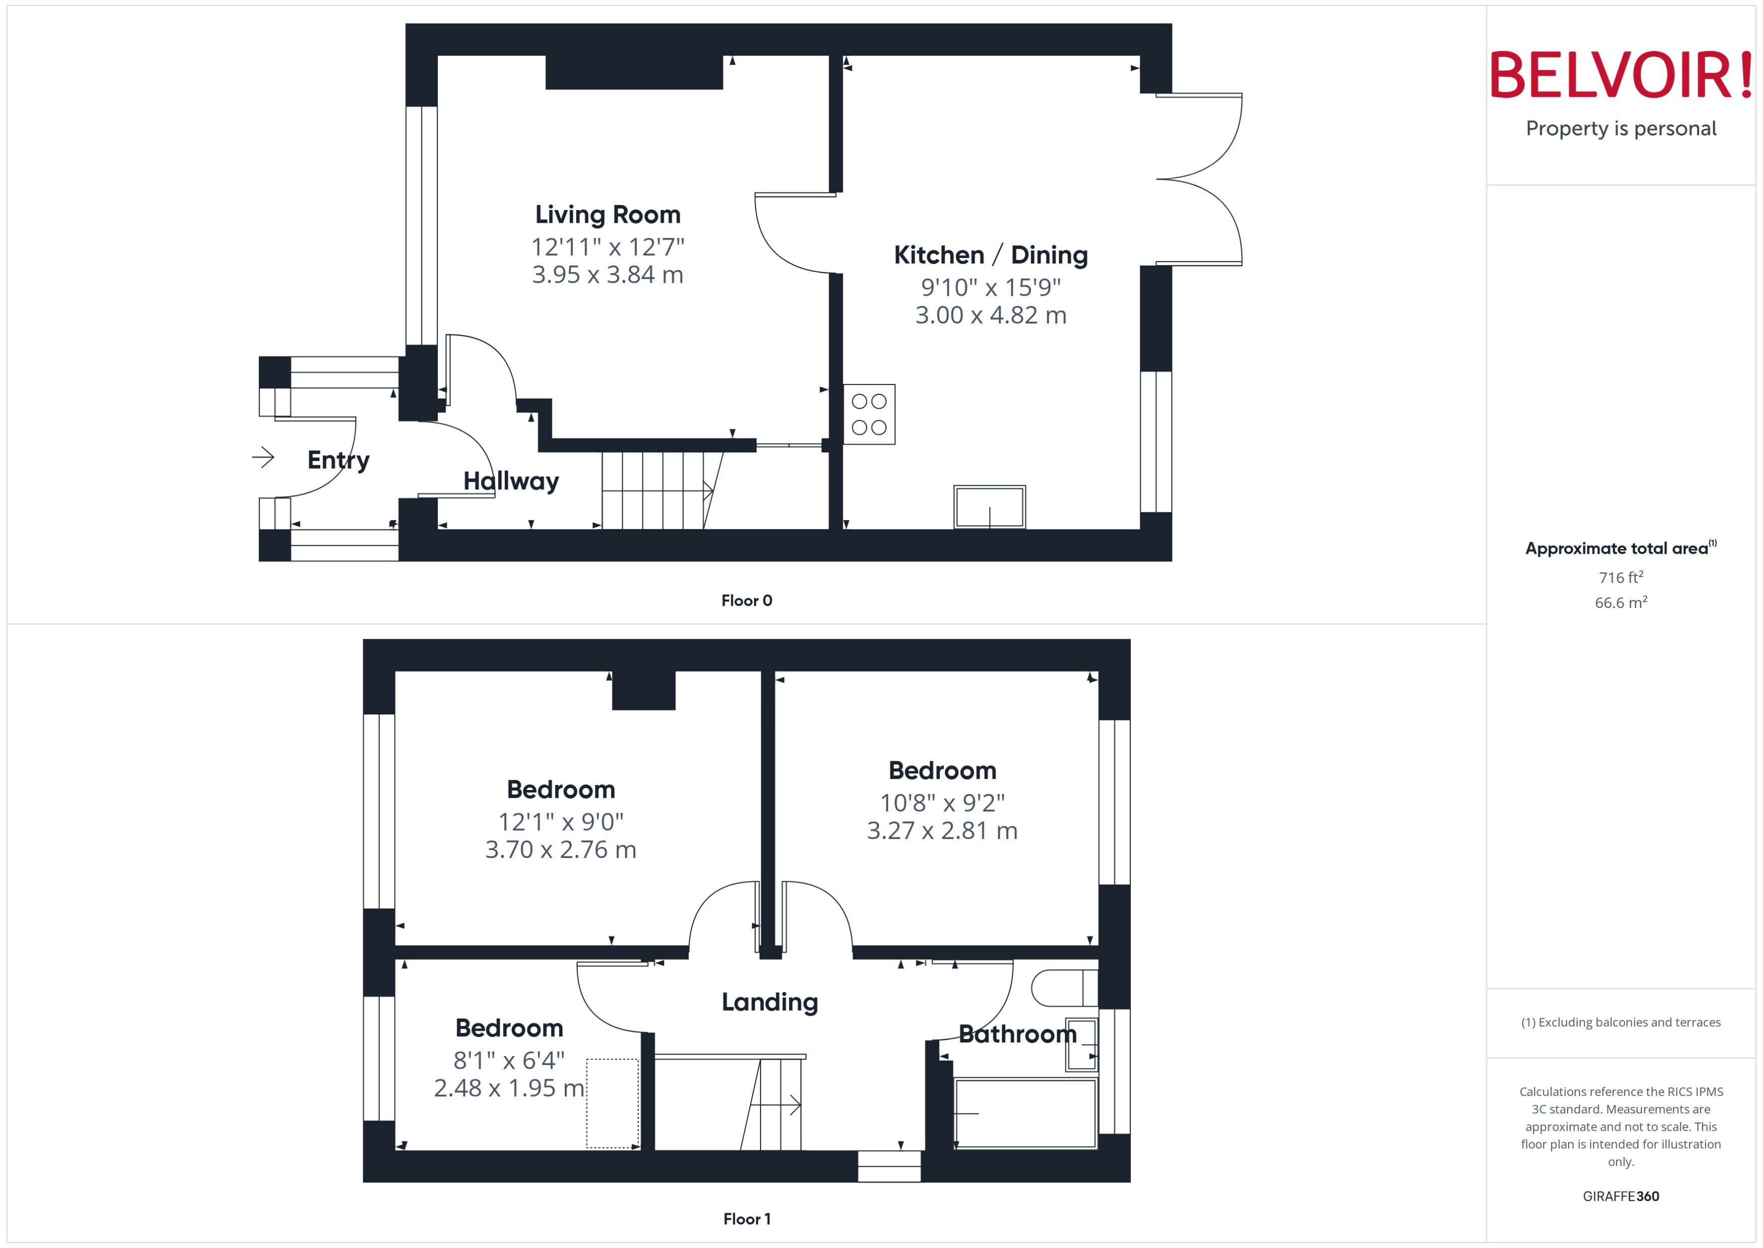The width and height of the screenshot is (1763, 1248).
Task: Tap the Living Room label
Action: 607,215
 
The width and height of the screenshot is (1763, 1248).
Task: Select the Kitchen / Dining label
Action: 990,255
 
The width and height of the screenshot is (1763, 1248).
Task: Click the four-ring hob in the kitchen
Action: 869,414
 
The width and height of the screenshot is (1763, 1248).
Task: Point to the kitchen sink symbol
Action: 989,507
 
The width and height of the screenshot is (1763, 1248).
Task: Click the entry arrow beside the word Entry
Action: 263,458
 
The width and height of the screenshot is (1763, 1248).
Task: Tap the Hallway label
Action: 511,481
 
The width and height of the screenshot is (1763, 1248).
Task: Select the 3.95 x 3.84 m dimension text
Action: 607,275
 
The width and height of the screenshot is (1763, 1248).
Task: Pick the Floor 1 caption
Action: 746,1219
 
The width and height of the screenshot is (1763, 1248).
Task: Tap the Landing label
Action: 770,1002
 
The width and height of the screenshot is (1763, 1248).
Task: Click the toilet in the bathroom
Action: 1063,988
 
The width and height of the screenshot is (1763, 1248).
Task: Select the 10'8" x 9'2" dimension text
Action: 942,803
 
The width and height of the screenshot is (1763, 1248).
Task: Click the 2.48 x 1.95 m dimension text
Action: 509,1088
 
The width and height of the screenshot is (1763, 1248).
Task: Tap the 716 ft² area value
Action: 1621,577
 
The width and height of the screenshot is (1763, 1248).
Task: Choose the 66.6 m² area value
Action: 1621,603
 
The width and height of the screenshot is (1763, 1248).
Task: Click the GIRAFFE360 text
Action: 1621,1197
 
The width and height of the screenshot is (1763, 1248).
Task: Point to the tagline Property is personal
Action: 1621,128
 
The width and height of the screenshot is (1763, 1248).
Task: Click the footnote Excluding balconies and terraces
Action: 1621,1022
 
